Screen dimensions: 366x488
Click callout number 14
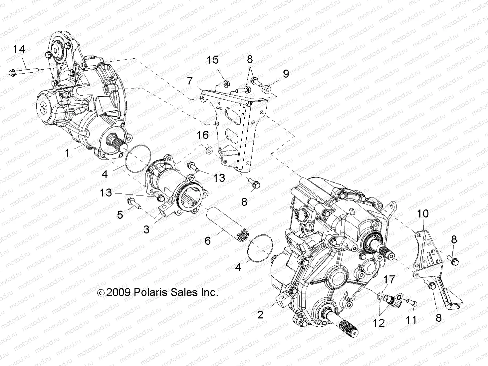pyautogui.click(x=19, y=49)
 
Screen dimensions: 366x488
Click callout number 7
pyautogui.click(x=190, y=81)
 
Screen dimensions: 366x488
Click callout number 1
pyautogui.click(x=68, y=153)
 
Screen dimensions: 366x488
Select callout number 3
pyautogui.click(x=146, y=229)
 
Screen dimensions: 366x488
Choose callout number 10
pyautogui.click(x=423, y=213)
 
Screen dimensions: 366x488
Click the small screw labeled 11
pyautogui.click(x=410, y=302)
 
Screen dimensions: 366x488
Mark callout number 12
pyautogui.click(x=379, y=322)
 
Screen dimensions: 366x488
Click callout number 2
pyautogui.click(x=260, y=314)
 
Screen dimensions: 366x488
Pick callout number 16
pyautogui.click(x=203, y=135)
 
